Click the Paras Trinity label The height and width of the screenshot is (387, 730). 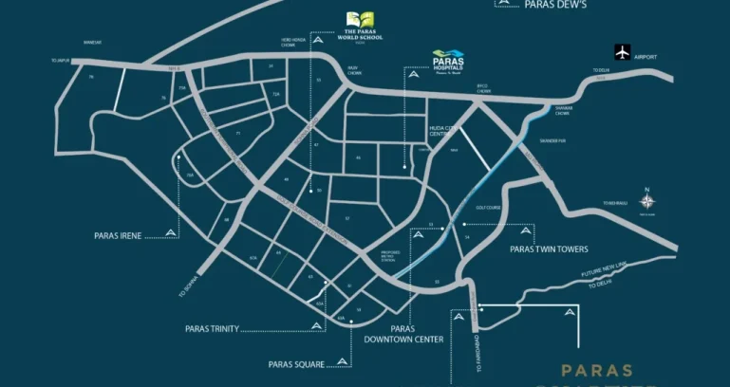pos(213,329)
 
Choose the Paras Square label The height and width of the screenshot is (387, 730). pos(295,363)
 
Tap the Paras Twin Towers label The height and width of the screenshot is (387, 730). pos(549,249)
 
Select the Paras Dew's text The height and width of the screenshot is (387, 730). pos(554,5)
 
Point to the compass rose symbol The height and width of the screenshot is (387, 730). pos(646,202)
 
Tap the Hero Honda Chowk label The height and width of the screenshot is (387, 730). pos(293,42)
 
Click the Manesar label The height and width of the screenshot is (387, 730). pos(92,42)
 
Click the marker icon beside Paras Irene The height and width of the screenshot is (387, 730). pos(171,232)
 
